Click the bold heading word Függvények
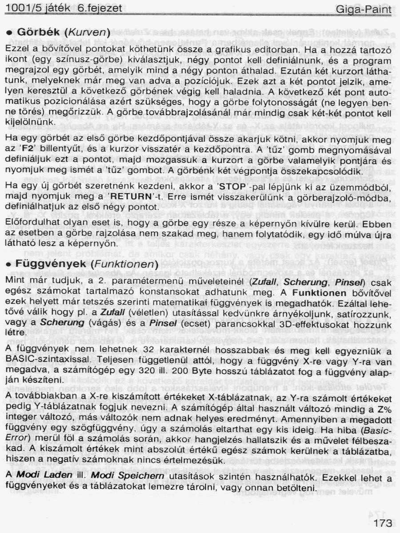[x=50, y=264]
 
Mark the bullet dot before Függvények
[x=9, y=264]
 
